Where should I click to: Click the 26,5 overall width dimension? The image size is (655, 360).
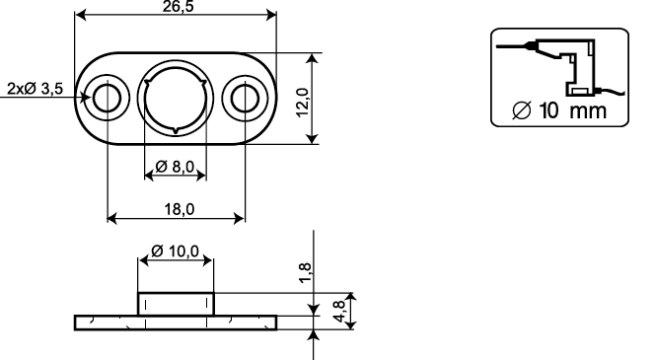[x=178, y=6]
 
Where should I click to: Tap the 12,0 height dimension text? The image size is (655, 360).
[x=303, y=103]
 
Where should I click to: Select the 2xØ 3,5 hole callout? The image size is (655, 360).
[x=36, y=89]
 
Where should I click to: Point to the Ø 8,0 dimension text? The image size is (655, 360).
[x=175, y=167]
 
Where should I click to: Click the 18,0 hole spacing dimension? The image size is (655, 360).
[x=180, y=209]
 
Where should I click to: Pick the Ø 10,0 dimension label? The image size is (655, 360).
[x=175, y=251]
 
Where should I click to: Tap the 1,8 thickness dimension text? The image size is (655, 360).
[x=306, y=273]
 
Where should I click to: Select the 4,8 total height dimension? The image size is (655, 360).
[x=339, y=311]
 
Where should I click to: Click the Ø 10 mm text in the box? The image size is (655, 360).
[x=559, y=110]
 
